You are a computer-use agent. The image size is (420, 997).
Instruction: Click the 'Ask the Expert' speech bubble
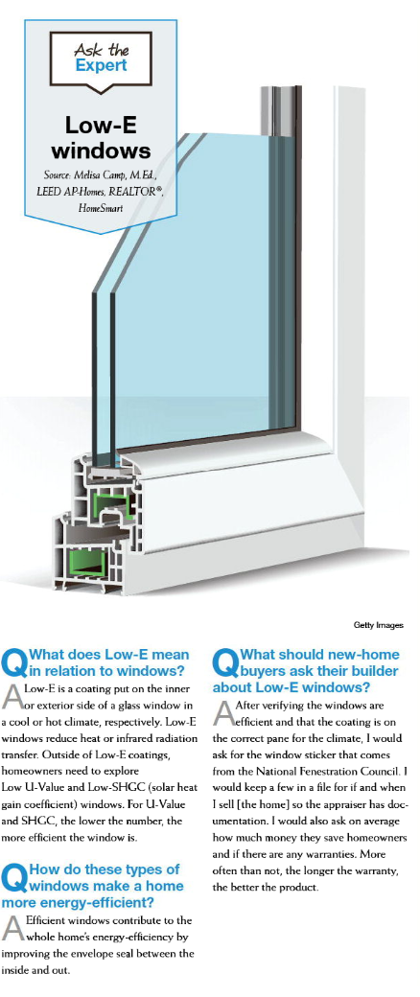point(102,60)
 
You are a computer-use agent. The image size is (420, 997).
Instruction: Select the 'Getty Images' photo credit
point(379,625)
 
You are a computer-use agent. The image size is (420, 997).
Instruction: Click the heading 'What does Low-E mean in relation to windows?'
point(96,661)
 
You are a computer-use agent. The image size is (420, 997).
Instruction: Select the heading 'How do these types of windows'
point(92,885)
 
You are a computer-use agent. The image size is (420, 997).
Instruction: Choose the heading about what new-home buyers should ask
point(308,671)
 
